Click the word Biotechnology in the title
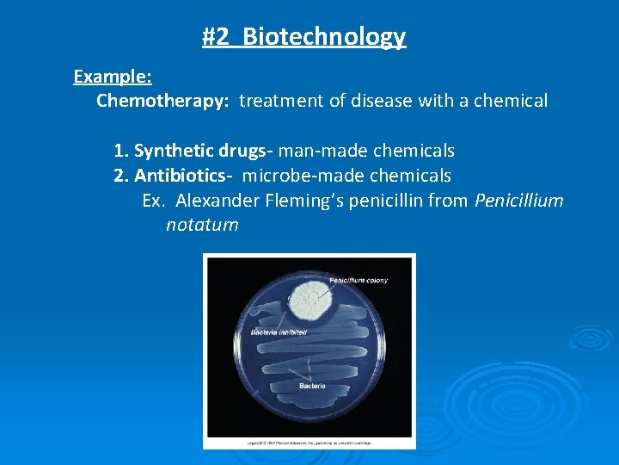(324, 37)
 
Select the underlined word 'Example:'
(113, 77)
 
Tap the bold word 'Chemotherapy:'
(162, 102)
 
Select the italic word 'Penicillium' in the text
(518, 201)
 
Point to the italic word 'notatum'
(202, 226)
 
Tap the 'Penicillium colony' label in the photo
(359, 280)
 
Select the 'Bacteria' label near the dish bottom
(312, 386)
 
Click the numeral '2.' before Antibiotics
(121, 176)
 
